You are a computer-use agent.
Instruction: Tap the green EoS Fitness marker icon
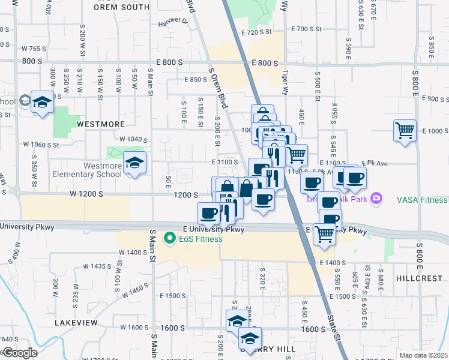(x=170, y=239)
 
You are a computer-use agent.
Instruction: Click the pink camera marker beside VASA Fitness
(x=376, y=197)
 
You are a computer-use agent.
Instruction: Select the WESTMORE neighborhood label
(x=100, y=124)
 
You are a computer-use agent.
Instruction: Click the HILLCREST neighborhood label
(x=419, y=279)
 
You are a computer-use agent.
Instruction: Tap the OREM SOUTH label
(x=122, y=7)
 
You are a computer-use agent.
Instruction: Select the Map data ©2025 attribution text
(x=424, y=355)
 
